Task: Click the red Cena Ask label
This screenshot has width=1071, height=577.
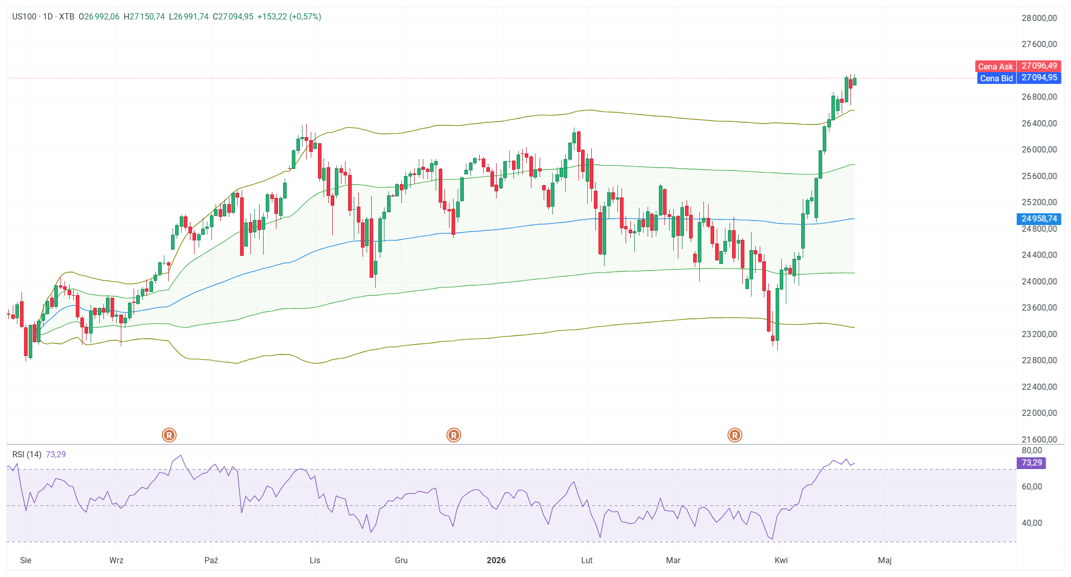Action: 995,66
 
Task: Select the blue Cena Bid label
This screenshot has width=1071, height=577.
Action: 996,78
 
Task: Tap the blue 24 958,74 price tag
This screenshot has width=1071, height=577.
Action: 1039,219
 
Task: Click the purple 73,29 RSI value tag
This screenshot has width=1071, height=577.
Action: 1031,463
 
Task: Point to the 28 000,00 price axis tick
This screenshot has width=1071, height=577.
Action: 1039,18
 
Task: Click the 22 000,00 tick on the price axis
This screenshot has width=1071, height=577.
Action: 1039,413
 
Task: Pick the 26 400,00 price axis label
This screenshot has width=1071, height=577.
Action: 1039,123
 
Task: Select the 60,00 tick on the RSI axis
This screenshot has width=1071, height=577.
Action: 1032,487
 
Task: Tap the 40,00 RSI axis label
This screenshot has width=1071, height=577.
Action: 1032,523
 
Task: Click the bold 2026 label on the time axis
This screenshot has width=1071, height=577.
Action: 496,560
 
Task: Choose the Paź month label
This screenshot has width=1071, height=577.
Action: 211,560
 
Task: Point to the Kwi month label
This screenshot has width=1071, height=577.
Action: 781,560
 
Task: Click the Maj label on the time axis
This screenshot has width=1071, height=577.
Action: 884,560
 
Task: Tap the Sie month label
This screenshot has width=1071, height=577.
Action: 26,560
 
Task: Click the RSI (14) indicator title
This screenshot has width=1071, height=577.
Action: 27,454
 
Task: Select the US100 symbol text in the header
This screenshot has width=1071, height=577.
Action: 24,17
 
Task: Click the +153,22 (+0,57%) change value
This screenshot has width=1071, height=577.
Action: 289,17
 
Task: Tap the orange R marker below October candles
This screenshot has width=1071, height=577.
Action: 169,435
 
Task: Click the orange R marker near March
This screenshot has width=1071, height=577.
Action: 735,435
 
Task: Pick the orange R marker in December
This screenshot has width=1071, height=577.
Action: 454,435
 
